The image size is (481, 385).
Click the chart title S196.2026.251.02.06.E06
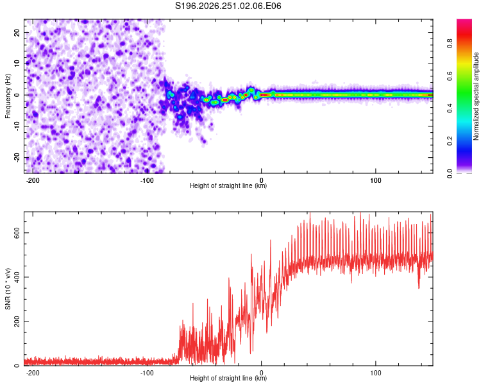(228, 6)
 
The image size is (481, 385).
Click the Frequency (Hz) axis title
(8, 96)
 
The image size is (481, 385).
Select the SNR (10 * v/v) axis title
(8, 289)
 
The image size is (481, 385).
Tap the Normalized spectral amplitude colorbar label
(476, 96)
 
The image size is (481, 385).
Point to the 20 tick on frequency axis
(17, 32)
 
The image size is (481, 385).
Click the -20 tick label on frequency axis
(17, 158)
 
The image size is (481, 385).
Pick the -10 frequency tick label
(17, 126)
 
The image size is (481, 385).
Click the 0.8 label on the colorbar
(450, 43)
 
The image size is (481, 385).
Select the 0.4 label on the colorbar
(450, 108)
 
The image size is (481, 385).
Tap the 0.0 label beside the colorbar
(450, 173)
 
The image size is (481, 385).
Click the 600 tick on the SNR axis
(17, 233)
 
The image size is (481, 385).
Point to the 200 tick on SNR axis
(17, 321)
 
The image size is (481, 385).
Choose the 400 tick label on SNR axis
(17, 277)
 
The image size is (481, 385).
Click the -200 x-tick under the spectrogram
(33, 180)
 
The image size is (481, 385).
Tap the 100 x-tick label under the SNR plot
(376, 373)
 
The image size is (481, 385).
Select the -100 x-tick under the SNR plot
(147, 373)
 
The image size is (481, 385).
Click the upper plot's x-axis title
(228, 185)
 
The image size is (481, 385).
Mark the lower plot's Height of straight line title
(228, 378)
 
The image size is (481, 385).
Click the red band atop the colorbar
(464, 34)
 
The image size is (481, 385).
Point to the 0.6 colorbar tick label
(450, 76)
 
